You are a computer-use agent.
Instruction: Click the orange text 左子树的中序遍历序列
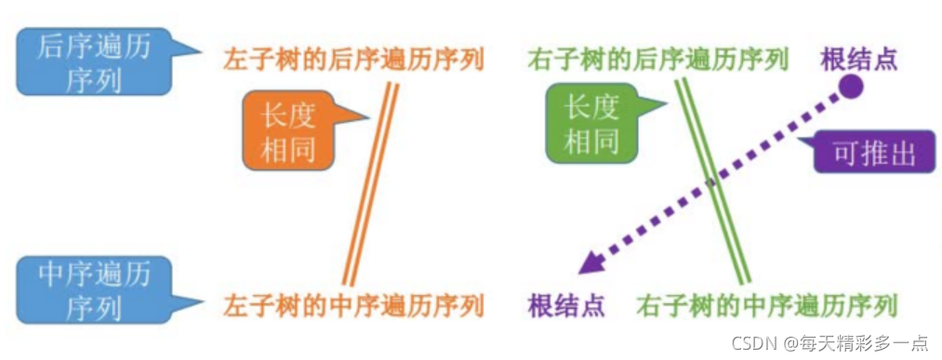click(x=353, y=304)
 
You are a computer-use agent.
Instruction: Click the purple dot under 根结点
click(x=850, y=88)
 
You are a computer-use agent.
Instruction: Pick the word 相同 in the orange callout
click(x=287, y=149)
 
